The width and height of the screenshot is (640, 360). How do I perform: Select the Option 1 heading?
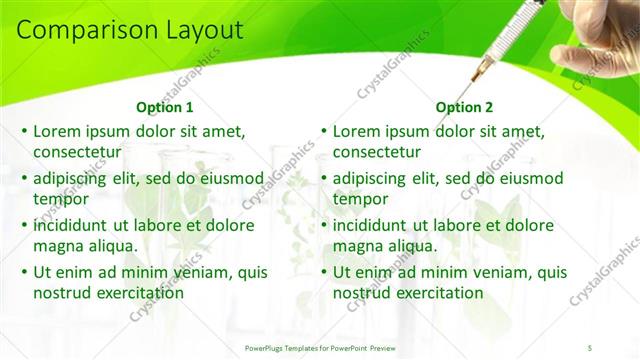164,107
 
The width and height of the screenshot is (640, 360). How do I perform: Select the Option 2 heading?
464,107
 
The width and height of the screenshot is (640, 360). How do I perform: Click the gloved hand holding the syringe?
600,30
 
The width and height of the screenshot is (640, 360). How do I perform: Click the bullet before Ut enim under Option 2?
324,272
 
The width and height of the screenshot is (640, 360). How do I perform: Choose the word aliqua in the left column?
112,246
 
